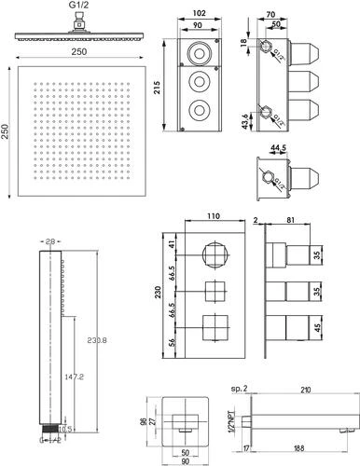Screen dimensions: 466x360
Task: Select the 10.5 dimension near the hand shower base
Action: pyautogui.click(x=64, y=430)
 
